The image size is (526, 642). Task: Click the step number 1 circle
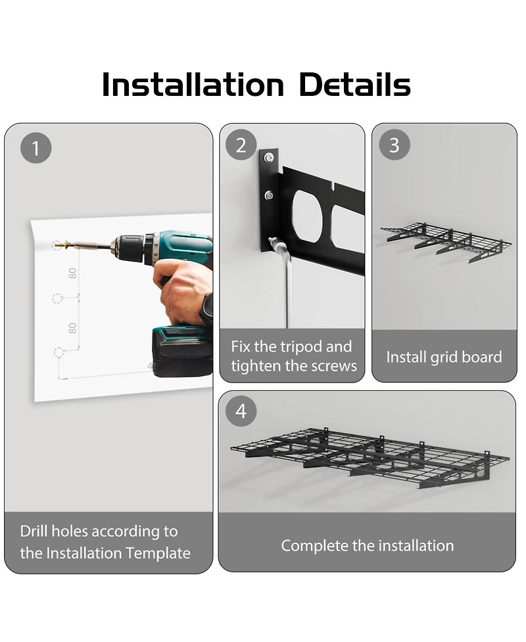pos(36,149)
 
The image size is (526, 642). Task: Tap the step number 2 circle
pos(241,145)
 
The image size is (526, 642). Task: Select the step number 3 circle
pos(394,145)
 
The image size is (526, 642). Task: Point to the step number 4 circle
pos(241,411)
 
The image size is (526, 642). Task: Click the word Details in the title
pos(355,85)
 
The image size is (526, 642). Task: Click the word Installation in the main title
pos(193,85)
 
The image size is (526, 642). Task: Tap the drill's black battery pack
pos(182,352)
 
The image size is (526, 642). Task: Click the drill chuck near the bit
pos(127,248)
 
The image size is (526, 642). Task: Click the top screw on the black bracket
pos(269,157)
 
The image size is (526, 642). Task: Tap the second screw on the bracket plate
pos(269,195)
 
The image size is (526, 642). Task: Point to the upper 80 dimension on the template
pos(72,273)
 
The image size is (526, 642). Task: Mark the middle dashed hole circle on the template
pos(57,298)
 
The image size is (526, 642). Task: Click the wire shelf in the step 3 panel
pos(446,242)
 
